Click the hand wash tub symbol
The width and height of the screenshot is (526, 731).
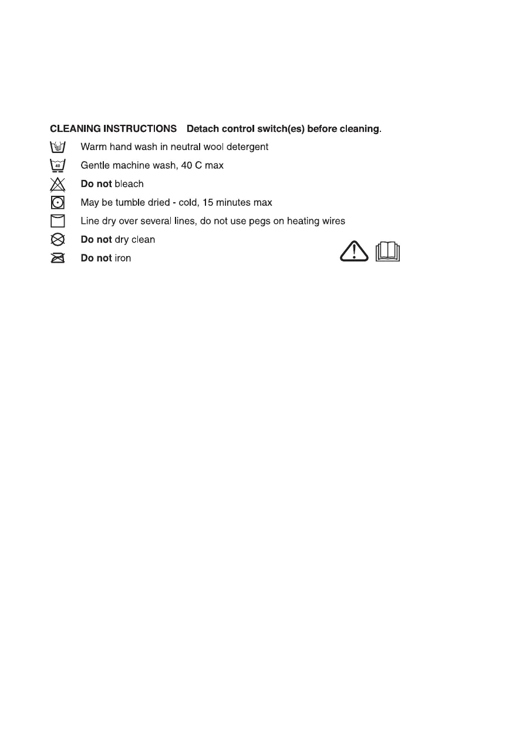(x=58, y=147)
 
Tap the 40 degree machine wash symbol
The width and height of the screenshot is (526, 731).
(x=58, y=166)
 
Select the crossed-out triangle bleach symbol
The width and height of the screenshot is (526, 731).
(x=58, y=185)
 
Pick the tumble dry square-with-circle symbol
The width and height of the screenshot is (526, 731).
(x=58, y=203)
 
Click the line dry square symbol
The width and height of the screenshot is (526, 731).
(x=58, y=222)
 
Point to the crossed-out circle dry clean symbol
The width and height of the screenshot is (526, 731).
(x=58, y=240)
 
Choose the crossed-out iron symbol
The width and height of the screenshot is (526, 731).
(x=58, y=258)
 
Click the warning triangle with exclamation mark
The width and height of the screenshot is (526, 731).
(x=355, y=252)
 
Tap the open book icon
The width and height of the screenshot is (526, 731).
(x=386, y=252)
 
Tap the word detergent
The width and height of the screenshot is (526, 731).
(x=247, y=147)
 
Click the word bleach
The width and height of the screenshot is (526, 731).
(x=129, y=184)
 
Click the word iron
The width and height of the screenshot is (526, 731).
(x=123, y=258)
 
